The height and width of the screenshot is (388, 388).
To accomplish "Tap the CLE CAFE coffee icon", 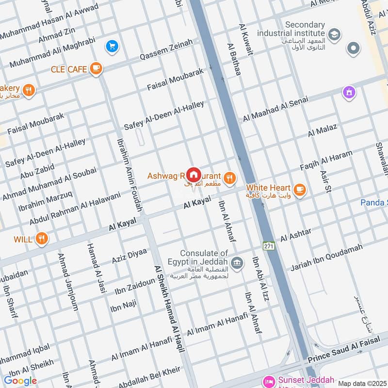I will (96, 69).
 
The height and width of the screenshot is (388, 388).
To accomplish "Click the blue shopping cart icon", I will (112, 47).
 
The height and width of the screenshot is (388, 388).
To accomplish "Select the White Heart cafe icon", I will (300, 189).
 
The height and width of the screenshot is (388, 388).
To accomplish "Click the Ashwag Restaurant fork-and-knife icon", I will (230, 178).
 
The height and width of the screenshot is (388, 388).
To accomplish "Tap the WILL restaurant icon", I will (42, 239).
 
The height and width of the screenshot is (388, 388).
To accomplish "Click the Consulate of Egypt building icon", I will (236, 263).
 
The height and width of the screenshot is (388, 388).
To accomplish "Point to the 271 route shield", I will (268, 246).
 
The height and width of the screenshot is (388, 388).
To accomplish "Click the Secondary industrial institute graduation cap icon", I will (334, 34).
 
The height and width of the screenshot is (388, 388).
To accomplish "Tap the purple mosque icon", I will (348, 93).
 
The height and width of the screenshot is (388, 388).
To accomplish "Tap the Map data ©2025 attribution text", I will (362, 384).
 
